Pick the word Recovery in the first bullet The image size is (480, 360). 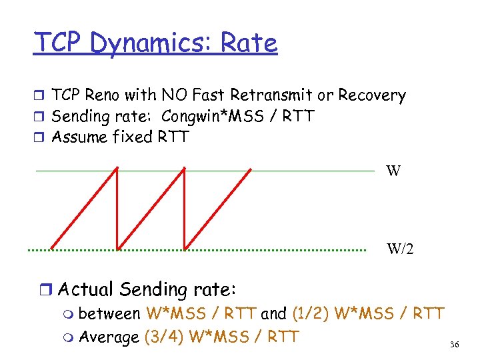372,95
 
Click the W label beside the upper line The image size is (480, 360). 393,171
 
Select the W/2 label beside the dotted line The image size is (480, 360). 400,249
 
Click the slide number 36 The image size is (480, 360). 455,344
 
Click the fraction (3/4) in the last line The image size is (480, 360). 164,336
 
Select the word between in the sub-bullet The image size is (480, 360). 113,313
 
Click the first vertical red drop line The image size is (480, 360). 117,207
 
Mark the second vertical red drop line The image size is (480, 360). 184,207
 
